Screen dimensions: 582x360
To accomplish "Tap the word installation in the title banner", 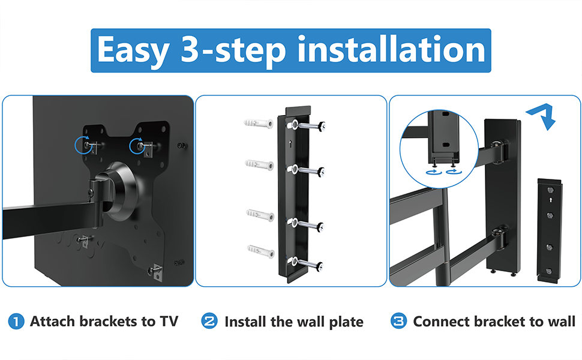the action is pos(391,49).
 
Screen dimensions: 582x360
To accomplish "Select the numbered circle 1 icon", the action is pos(16,322).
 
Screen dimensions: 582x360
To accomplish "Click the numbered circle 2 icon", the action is pos(209,321).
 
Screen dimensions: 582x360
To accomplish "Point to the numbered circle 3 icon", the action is pos(398,321).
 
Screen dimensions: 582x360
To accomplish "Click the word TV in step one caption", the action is pos(169,321).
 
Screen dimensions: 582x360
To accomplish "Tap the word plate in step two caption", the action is pos(346,322).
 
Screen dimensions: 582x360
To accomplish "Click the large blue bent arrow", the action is pos(542,116).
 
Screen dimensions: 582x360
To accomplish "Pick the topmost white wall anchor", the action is pos(259,123).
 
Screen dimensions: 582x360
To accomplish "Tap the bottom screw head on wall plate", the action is pos(319,266).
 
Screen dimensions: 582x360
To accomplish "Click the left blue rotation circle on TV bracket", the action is pos(83,145).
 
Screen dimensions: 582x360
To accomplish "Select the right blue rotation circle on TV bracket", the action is pos(138,146).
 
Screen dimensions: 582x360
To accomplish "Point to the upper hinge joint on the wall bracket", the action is pos(500,151).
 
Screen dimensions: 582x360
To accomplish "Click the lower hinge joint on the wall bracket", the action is pos(500,237).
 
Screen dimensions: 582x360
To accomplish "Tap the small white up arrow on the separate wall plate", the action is pos(550,200).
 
